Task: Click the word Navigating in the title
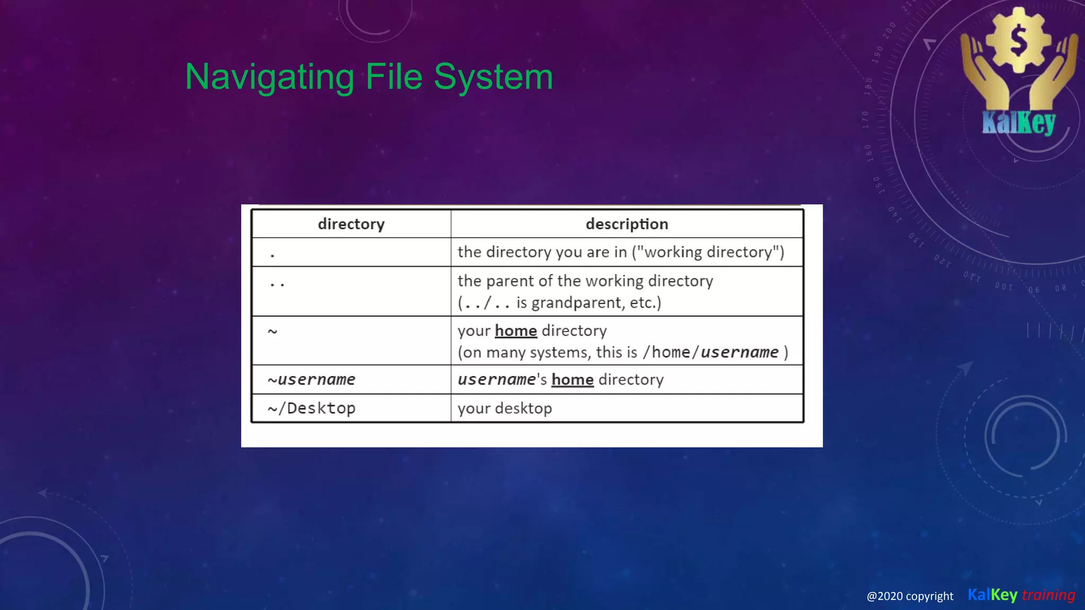click(269, 77)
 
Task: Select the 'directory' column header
click(351, 224)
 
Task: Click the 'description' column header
click(627, 224)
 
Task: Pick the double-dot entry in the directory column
click(277, 285)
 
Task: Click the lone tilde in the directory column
click(272, 331)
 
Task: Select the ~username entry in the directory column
click(312, 380)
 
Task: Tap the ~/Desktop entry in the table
click(312, 408)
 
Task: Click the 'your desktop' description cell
click(505, 408)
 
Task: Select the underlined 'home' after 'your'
click(516, 331)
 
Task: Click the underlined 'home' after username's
click(572, 380)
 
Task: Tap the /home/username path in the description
click(710, 352)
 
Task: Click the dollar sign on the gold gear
click(1018, 41)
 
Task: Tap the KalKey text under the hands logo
click(1018, 123)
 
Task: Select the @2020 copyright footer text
click(910, 596)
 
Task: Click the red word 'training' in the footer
click(1048, 595)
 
